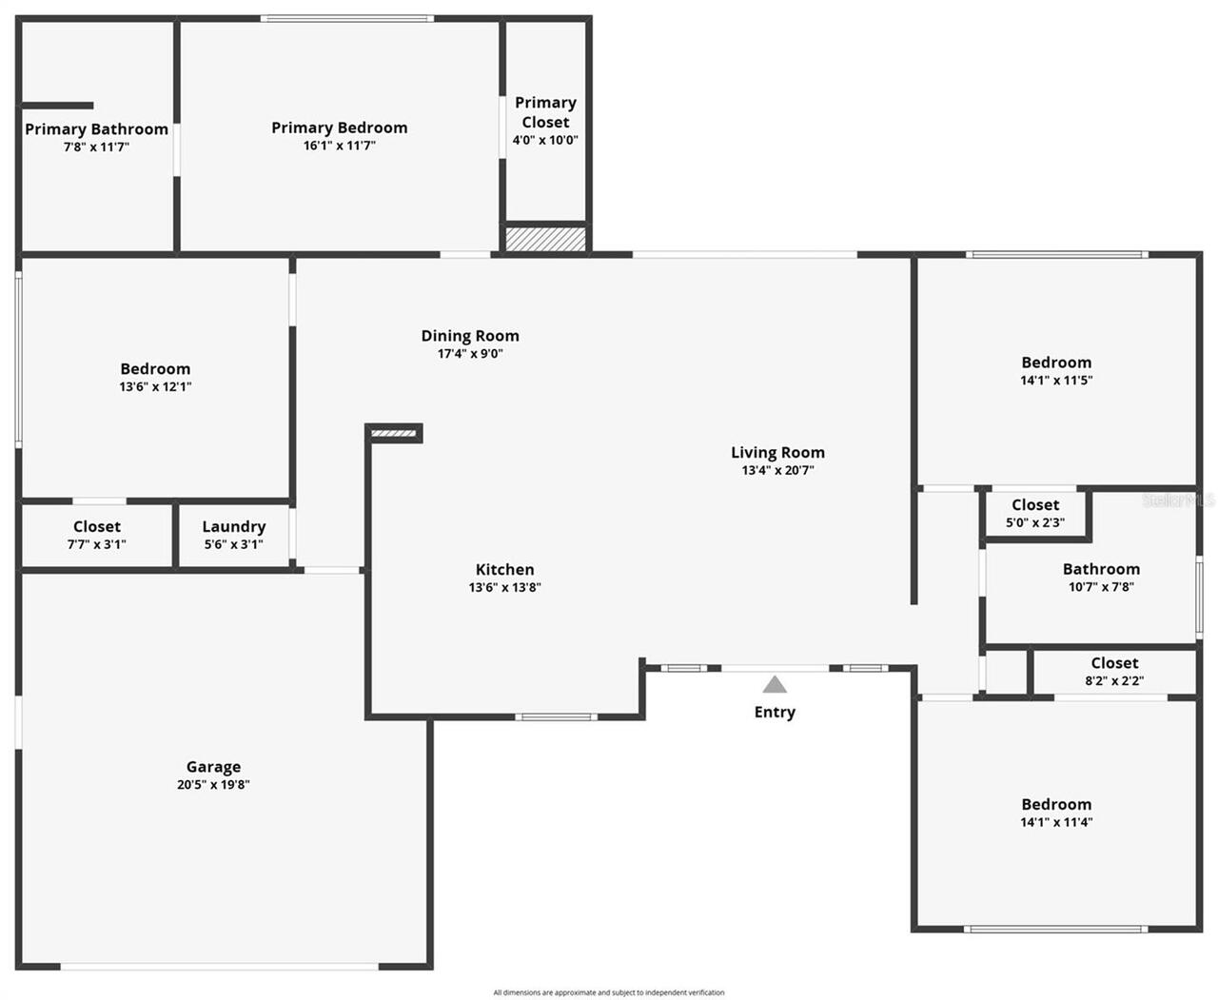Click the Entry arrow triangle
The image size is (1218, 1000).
coord(775,684)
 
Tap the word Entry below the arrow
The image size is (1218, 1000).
coord(775,712)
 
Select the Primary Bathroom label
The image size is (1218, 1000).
coord(96,129)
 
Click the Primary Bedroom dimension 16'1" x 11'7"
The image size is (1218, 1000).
coord(340,146)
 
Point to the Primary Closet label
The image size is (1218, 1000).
coord(545,112)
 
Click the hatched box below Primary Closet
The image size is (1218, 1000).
coord(545,238)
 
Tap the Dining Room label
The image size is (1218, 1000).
coord(470,336)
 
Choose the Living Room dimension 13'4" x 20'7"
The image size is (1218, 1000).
coord(777,470)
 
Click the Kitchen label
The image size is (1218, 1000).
coord(504,570)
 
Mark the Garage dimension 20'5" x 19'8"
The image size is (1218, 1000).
coord(213,785)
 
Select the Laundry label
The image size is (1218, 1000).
coord(233,527)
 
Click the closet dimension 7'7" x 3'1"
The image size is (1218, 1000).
coord(96,544)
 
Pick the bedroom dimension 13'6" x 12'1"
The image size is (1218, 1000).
coord(155,387)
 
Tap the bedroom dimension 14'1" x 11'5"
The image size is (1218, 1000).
coord(1056,381)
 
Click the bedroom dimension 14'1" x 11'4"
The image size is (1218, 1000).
coord(1056,822)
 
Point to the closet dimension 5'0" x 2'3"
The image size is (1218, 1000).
coord(1035,522)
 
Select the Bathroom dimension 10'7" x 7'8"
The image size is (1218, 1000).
coord(1101,587)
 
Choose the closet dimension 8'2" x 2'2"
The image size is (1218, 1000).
coord(1114,680)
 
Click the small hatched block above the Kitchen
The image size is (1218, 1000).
coord(394,434)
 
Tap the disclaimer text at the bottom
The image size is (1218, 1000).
coord(609,992)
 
